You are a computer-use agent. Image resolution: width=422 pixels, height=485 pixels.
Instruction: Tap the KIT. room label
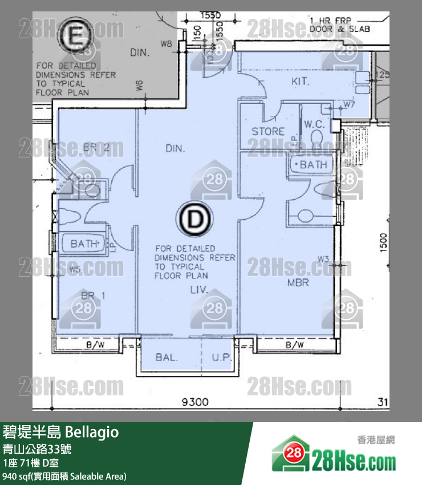(x=300, y=82)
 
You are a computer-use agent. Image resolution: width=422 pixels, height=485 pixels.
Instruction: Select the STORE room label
(x=268, y=131)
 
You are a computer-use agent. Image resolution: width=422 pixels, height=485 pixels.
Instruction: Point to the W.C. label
(x=314, y=124)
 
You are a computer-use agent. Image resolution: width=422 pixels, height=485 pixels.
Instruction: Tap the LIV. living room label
(x=199, y=290)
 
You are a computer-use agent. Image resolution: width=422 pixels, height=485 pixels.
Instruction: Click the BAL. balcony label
(x=167, y=358)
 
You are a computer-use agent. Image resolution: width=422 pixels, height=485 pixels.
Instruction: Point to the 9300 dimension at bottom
(x=194, y=402)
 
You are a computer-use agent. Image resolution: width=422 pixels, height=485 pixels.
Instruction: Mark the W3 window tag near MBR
(x=324, y=260)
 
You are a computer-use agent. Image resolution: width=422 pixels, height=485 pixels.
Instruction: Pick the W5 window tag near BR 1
(x=75, y=269)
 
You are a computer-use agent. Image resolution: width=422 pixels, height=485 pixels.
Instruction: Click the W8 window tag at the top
(x=166, y=43)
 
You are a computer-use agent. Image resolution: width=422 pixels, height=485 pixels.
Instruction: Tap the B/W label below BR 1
(x=95, y=345)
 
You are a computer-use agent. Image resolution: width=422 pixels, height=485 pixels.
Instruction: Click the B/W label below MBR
(x=294, y=345)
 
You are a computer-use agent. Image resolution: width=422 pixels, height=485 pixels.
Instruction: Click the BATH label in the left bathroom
(x=84, y=244)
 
